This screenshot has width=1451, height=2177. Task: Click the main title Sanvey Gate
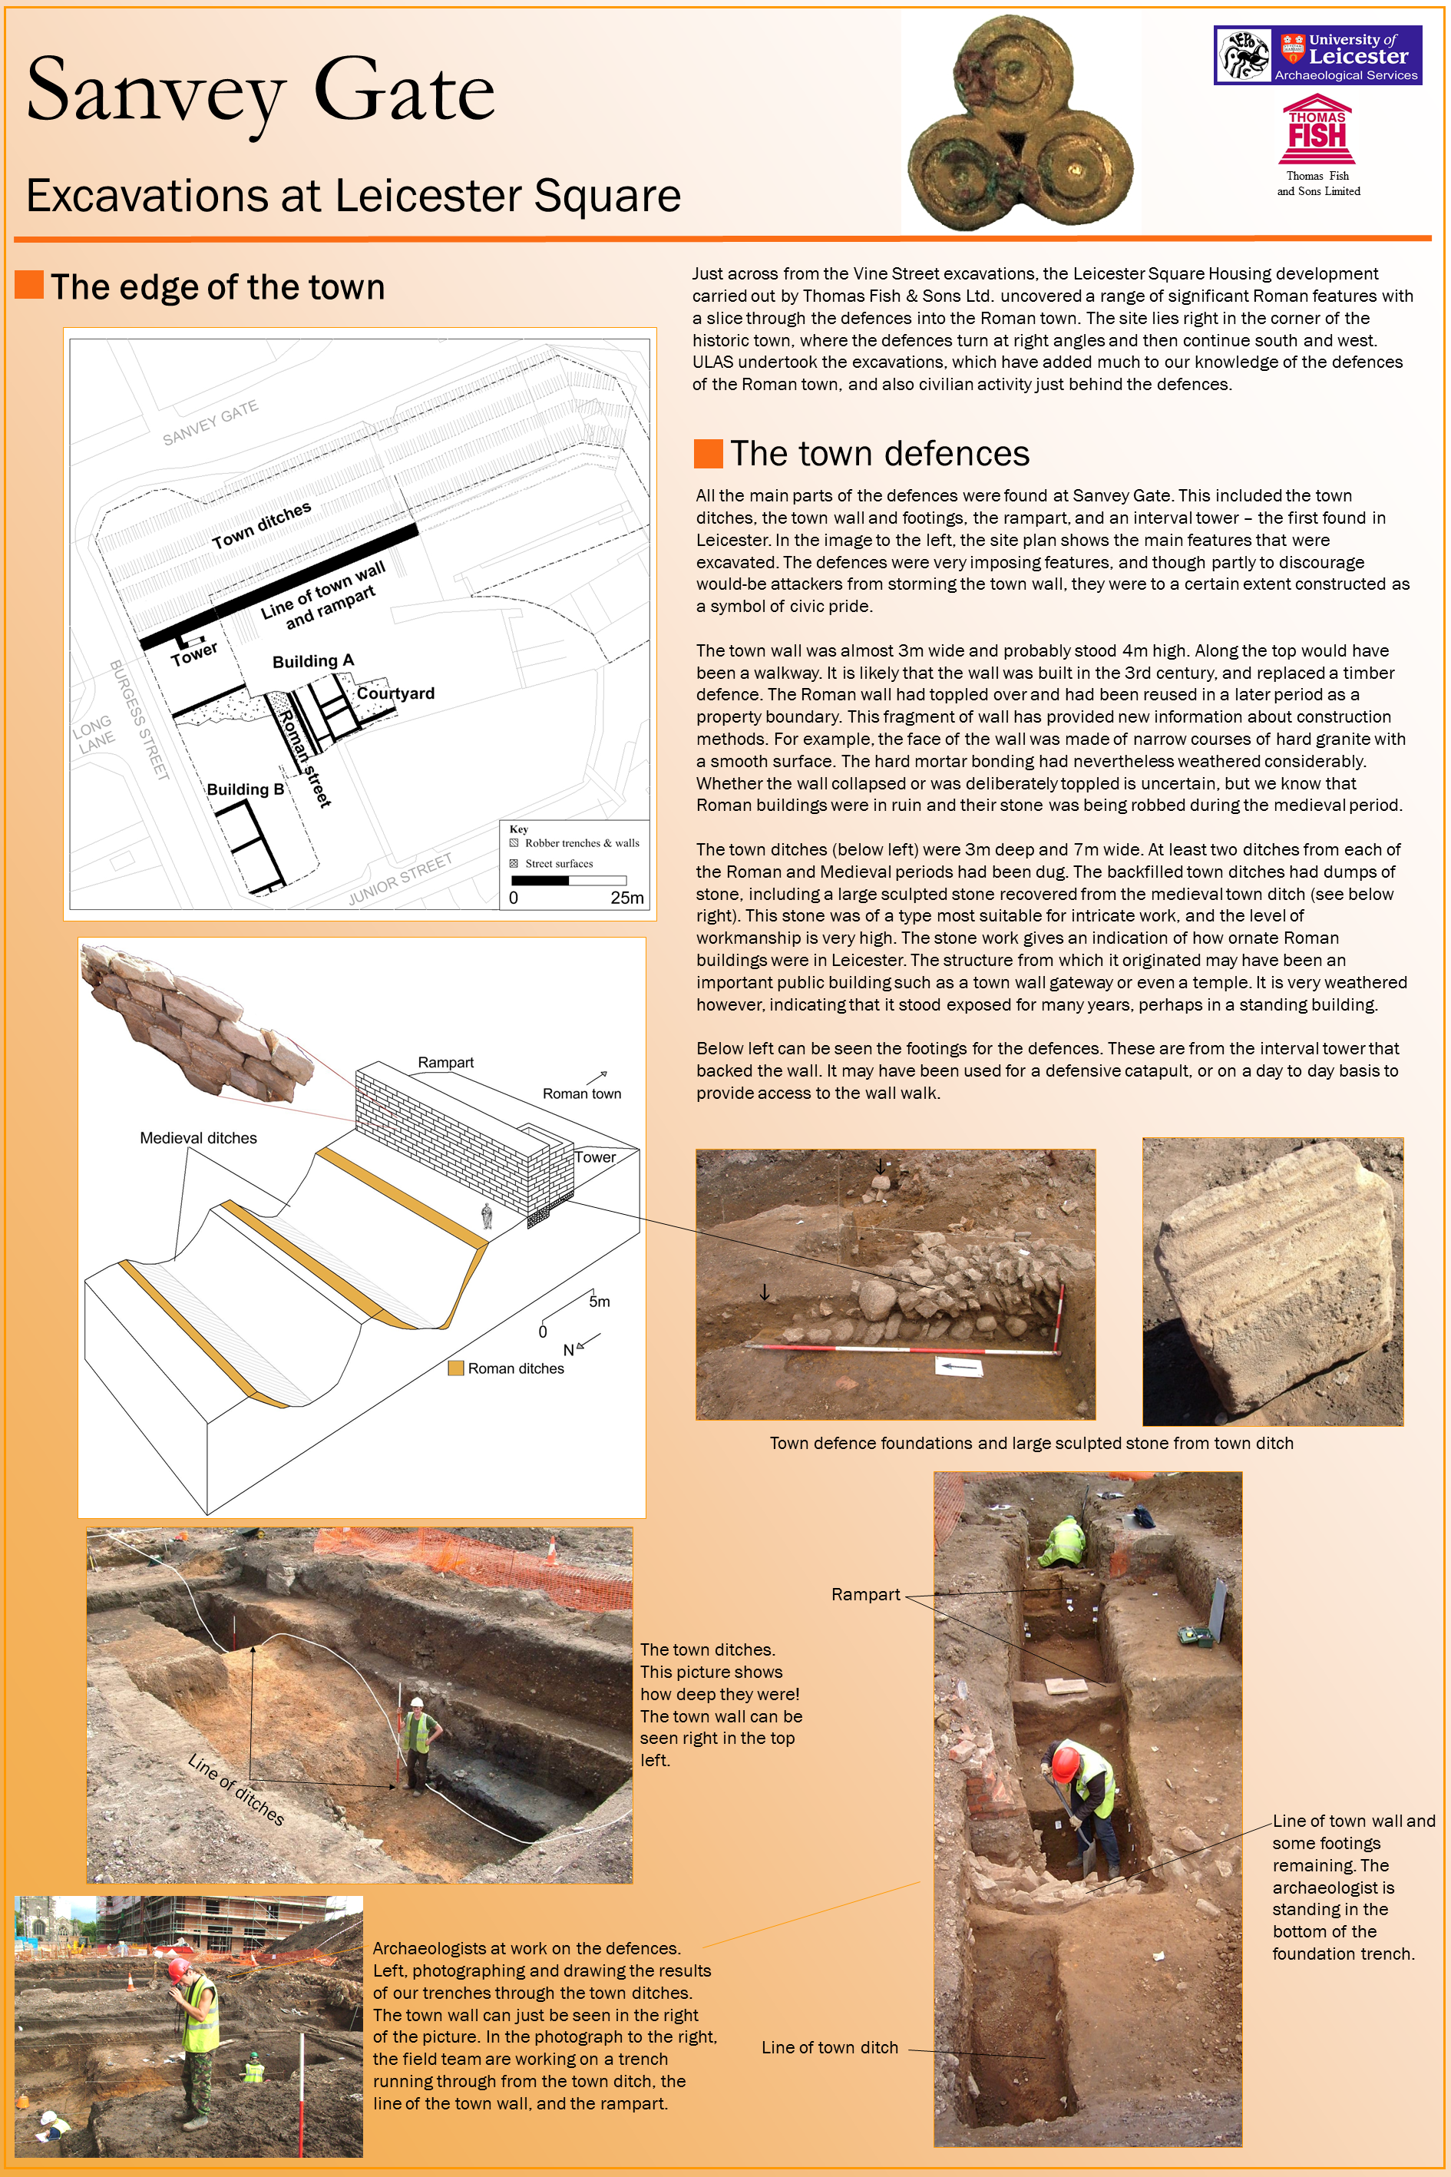260,91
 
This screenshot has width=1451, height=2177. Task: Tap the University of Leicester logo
1317,55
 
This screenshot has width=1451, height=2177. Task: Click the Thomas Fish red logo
1317,131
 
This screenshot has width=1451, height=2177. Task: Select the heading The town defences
879,454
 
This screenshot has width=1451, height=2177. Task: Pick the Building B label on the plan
245,789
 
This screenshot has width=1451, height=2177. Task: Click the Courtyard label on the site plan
395,693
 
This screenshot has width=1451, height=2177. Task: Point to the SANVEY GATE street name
210,423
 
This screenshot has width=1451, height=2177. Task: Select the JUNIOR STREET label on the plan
400,878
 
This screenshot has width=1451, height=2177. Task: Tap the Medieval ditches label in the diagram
198,1137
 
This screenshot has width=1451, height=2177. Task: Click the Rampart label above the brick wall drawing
445,1063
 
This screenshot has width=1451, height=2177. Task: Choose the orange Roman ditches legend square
455,1368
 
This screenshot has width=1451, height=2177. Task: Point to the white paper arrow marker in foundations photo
959,1366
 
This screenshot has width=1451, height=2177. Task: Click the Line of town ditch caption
829,2047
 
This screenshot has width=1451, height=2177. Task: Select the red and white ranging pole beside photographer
302,2092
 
